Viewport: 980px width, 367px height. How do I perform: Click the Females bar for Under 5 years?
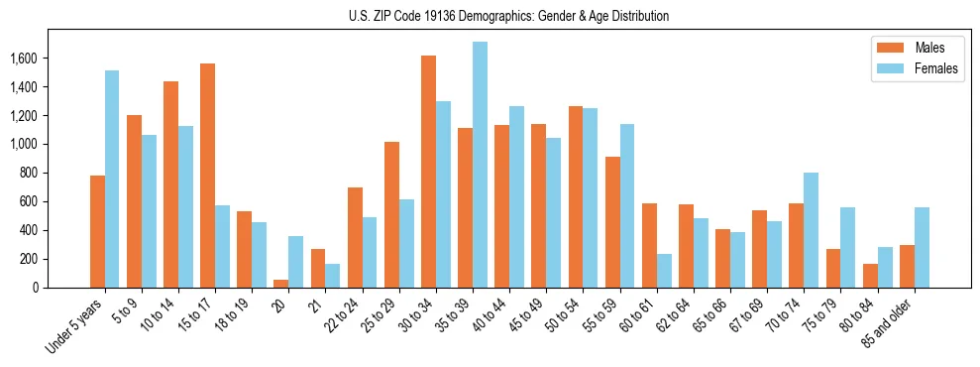coord(112,179)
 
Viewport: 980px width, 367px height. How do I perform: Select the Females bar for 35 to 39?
coord(481,165)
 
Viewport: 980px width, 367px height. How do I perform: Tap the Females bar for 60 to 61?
coord(664,271)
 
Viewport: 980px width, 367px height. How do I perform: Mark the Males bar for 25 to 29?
coord(392,214)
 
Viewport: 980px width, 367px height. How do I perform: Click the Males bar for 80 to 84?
coord(870,276)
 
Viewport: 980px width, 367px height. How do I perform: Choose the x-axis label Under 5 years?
coord(77,325)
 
